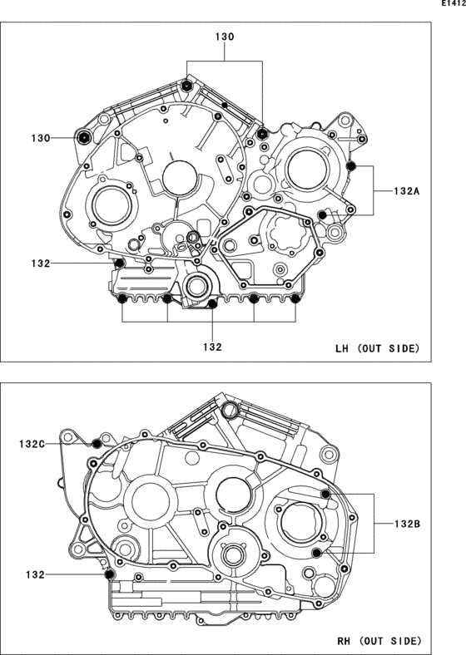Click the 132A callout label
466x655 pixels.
[x=407, y=191]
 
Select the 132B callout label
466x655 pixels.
[x=407, y=524]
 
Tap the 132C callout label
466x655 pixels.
[x=32, y=444]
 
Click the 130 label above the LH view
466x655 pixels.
[x=225, y=37]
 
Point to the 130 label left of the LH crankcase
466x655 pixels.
[x=41, y=138]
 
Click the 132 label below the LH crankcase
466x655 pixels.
[x=212, y=347]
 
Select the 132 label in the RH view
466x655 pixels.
[x=35, y=575]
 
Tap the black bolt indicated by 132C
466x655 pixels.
[x=97, y=443]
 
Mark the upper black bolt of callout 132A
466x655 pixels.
[x=351, y=166]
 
